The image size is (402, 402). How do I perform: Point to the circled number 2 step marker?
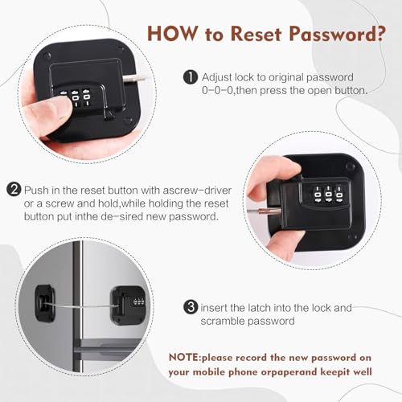coord(14,191)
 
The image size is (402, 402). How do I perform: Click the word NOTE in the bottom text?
coord(187,357)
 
